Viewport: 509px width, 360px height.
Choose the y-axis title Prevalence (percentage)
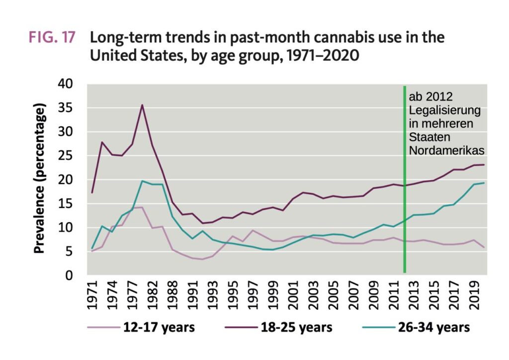coord(41,179)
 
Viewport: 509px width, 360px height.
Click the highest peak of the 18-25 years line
coord(142,104)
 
